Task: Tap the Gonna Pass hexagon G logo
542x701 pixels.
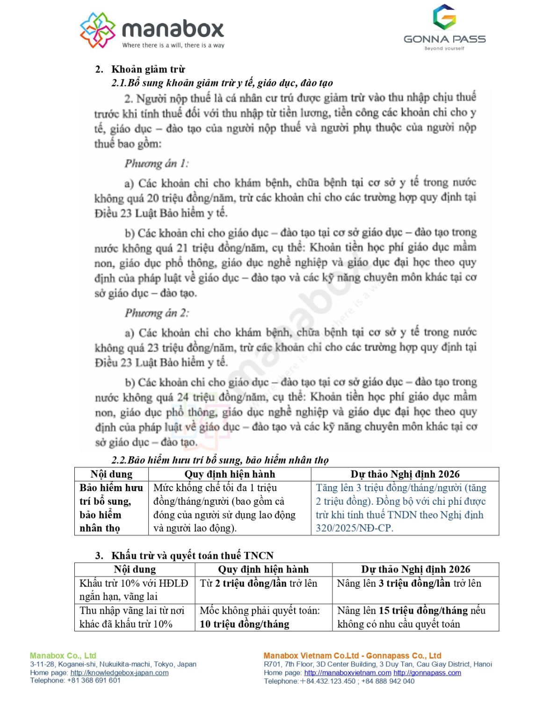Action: coord(444,17)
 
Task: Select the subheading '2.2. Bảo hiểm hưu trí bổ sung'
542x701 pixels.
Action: coord(220,460)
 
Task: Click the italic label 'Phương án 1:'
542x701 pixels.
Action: coord(157,164)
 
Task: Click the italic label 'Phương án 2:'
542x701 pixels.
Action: coord(157,313)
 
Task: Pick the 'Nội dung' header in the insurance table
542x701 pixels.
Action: coord(111,474)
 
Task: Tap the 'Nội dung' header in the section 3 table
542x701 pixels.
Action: coord(135,569)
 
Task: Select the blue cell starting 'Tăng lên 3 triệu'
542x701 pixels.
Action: coord(401,508)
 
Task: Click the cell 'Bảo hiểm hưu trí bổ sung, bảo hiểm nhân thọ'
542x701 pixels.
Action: coord(111,508)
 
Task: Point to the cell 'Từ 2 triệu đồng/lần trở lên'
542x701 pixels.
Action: coord(259,583)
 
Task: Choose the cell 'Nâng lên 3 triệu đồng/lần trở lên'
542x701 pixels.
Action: coord(409,583)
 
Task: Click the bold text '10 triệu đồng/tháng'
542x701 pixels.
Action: coord(245,624)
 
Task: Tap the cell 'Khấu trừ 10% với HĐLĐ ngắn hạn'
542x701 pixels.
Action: coord(134,590)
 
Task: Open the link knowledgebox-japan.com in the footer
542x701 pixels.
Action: coord(119,672)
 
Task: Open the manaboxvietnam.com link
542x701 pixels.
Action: coord(347,673)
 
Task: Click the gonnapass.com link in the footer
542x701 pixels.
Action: coord(427,673)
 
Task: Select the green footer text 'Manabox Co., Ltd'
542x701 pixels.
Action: coord(63,656)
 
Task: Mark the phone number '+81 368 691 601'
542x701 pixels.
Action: coord(94,680)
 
